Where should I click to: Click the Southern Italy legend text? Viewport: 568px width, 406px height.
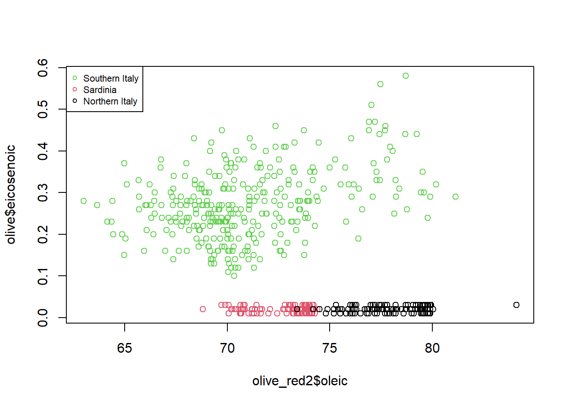pos(111,78)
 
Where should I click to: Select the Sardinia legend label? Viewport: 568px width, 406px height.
pos(100,90)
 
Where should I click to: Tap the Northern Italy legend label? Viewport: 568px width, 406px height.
pos(110,101)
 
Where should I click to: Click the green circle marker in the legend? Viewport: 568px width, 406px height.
pos(75,78)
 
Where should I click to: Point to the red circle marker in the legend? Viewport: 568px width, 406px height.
pos(75,89)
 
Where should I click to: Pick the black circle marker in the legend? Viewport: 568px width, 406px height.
pos(75,101)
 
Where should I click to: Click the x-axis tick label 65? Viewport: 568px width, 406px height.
pos(125,348)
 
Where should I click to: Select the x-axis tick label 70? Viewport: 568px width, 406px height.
pos(227,348)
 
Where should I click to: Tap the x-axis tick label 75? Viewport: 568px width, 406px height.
pos(330,348)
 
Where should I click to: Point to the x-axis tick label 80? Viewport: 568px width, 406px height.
pos(432,348)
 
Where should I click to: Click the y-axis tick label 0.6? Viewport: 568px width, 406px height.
pos(43,68)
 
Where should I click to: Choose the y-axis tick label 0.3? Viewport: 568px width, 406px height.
pos(43,193)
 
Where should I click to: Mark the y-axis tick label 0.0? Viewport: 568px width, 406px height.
pos(43,318)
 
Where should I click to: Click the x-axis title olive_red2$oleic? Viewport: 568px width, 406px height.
pos(300,381)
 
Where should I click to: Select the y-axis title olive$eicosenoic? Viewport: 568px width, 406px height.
pos(11,195)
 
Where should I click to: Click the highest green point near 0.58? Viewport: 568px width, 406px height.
pos(406,76)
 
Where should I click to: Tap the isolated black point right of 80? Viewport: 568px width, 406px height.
pos(516,305)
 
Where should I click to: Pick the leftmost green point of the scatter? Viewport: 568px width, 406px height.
pos(84,201)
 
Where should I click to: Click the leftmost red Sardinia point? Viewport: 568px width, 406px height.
pos(203,309)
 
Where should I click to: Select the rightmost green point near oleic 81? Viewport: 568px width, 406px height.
pos(456,197)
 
